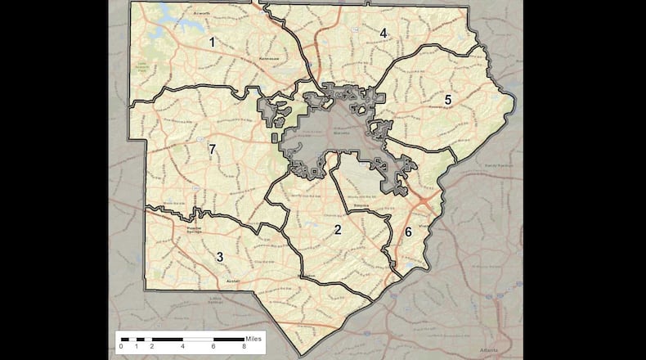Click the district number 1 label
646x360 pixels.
pos(212,42)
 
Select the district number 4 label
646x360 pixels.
pos(383,33)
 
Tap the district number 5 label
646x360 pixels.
pos(448,100)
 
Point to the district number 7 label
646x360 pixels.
pos(212,150)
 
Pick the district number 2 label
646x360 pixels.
pos(337,230)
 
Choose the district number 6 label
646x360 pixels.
pos(408,232)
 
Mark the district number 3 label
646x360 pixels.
pos(219,258)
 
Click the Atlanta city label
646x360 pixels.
pos(493,348)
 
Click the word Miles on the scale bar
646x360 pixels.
pos(254,338)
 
